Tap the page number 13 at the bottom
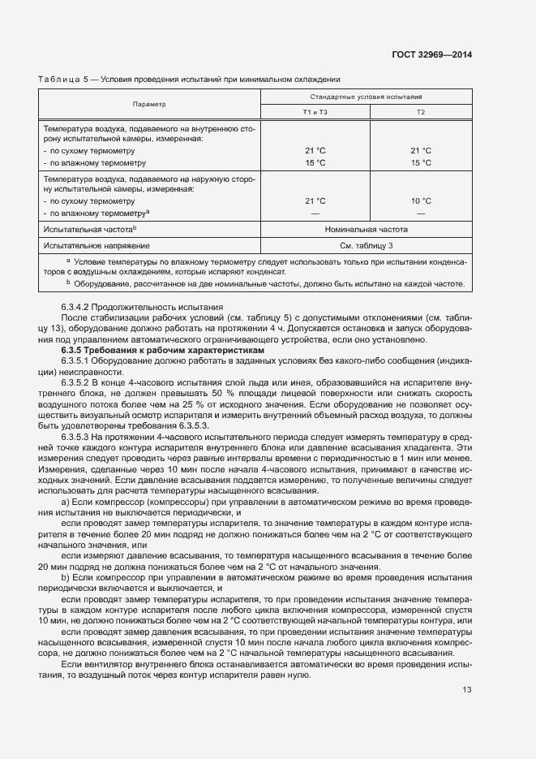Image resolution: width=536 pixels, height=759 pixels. [x=466, y=690]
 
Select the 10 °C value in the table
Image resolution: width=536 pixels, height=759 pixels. [x=420, y=201]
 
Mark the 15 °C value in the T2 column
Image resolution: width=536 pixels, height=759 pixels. [x=420, y=162]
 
